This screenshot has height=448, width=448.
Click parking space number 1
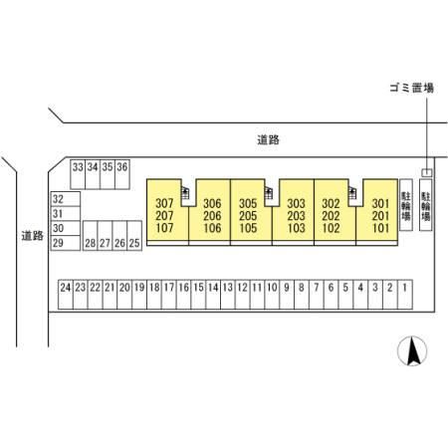[405, 295]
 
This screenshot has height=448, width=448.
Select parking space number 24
[66, 295]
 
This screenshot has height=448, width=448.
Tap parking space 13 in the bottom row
[228, 295]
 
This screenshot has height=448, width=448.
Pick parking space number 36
[122, 174]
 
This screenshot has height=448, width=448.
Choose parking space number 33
[78, 174]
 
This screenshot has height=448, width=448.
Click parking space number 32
[66, 199]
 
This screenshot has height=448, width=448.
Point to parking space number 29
[66, 243]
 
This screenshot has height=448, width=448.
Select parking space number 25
[134, 236]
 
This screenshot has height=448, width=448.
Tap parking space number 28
[91, 236]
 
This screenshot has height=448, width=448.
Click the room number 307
[164, 203]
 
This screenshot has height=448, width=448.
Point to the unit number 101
[380, 228]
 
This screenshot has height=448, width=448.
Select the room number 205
[248, 216]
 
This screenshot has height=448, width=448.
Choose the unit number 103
[296, 228]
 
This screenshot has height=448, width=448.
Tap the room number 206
[212, 216]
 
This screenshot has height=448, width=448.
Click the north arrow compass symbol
[412, 351]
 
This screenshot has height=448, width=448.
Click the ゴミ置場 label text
[412, 88]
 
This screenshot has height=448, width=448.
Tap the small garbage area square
[427, 172]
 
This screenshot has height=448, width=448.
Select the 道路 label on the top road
[268, 139]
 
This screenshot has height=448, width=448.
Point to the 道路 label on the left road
[33, 236]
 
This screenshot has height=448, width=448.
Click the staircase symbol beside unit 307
[185, 193]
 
